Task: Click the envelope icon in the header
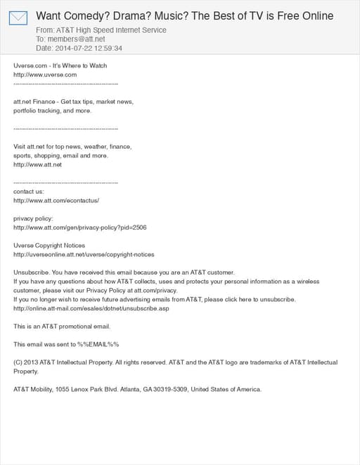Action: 18,18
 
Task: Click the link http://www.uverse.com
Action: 45,74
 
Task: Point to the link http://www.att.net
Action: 38,164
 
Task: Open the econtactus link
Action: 56,200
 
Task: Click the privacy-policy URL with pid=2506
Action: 80,228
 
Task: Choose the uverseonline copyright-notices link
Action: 84,254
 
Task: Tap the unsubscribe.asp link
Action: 91,308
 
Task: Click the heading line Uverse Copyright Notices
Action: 49,245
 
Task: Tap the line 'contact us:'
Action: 29,191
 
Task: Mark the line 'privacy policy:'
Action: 33,218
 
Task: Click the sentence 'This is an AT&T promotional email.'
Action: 62,326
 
